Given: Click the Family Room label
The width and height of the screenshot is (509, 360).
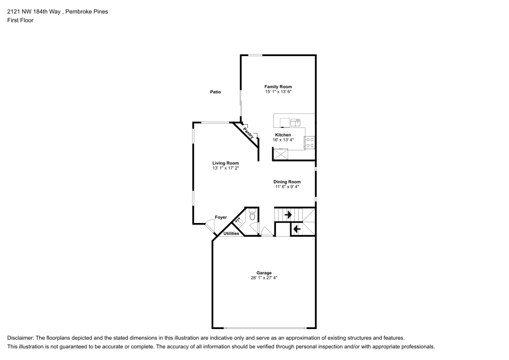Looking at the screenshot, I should [278, 87].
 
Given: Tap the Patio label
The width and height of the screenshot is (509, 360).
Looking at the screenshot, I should [216, 92].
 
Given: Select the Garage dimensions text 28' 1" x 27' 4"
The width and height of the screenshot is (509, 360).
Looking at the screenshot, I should [264, 278].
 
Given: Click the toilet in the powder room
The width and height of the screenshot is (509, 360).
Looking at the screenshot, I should [252, 217].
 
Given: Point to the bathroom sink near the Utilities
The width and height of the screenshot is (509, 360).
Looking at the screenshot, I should [238, 221].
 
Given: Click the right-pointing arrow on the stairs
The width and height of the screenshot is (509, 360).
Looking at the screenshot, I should [288, 215].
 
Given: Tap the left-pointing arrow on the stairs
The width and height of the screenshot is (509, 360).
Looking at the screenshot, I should [297, 229].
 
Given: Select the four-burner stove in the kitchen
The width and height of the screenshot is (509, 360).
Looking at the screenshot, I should [309, 143].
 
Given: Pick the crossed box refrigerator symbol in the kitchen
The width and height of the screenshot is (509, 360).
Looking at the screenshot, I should [280, 154].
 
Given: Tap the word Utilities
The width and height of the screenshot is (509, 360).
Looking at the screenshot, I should [231, 234].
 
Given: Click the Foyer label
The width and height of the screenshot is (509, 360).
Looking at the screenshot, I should [220, 217].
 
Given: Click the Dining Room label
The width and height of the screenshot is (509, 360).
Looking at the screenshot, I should [287, 182].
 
